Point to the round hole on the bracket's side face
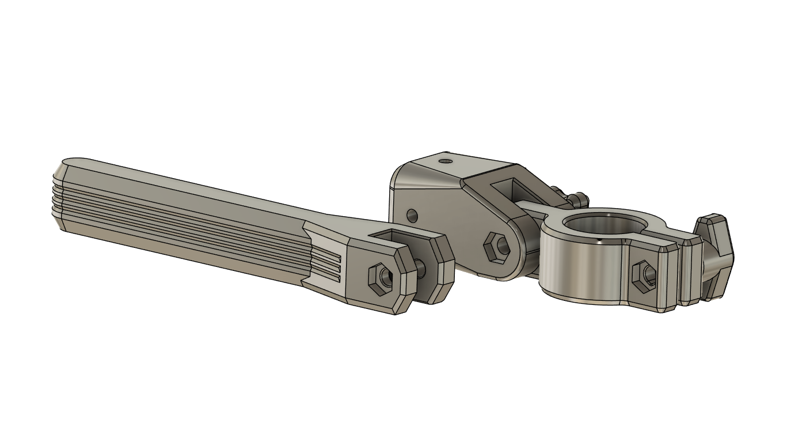click(x=412, y=216)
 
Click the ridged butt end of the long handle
click(x=58, y=196)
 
